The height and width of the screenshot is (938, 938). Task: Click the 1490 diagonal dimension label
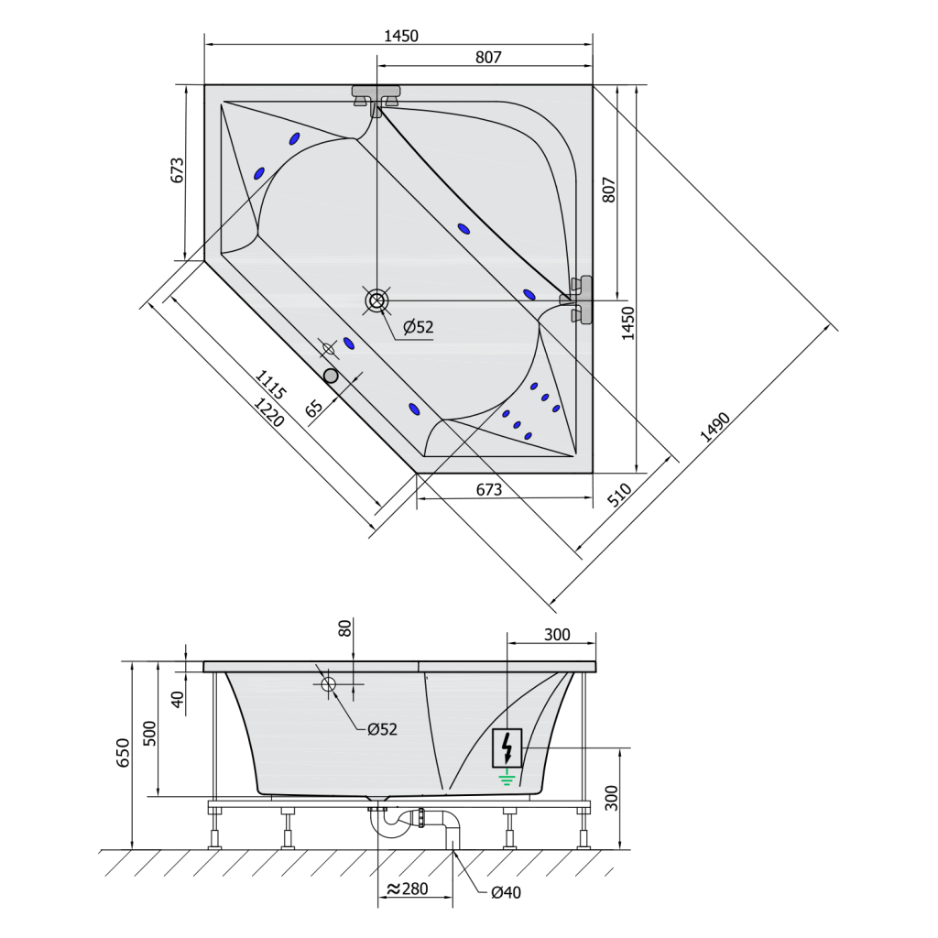click(x=715, y=427)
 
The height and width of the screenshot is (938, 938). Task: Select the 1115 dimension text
click(x=271, y=384)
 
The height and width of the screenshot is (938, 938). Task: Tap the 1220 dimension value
click(x=269, y=412)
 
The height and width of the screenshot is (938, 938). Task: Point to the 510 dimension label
click(x=620, y=496)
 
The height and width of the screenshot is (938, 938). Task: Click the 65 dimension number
click(x=314, y=408)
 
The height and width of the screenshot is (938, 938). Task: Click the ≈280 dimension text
click(x=408, y=889)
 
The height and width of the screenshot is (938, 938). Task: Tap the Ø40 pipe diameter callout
click(x=506, y=893)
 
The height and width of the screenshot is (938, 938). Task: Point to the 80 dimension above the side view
click(x=345, y=628)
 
